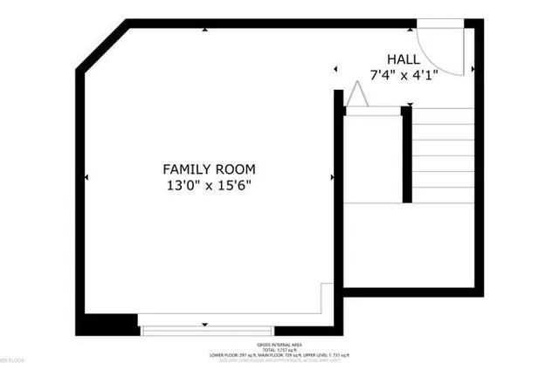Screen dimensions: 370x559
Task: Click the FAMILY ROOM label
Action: tap(209, 168)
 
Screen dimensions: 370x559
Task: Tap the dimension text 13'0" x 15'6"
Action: tap(209, 185)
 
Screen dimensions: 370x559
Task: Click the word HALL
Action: tap(403, 59)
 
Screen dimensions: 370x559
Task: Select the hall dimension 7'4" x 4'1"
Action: tap(403, 75)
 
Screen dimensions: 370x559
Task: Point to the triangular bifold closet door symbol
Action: tap(356, 95)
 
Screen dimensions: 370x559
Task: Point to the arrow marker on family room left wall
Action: tap(86, 178)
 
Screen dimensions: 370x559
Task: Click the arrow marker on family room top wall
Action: tap(205, 31)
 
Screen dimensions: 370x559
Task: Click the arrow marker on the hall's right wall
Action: tap(473, 68)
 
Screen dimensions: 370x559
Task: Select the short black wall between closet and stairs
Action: tap(406, 154)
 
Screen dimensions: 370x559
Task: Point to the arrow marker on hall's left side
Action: tap(335, 69)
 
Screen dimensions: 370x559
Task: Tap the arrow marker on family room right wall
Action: tap(333, 178)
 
